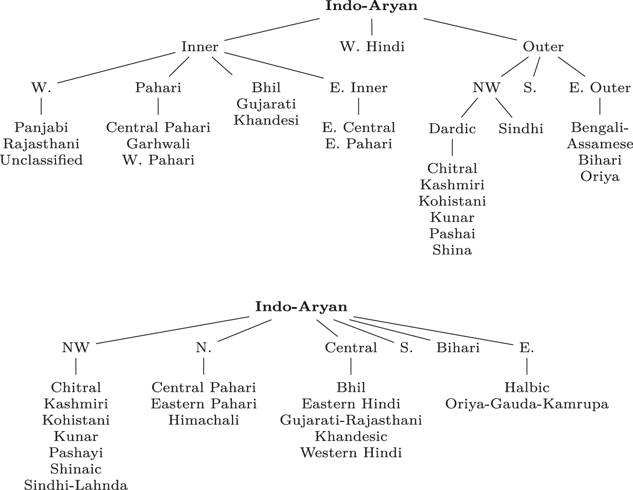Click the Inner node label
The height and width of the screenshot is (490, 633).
tap(199, 47)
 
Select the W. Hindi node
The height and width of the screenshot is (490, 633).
tap(372, 47)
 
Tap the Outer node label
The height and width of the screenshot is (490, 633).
tap(543, 47)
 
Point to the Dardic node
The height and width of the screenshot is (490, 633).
tap(452, 129)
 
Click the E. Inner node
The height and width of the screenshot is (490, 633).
tap(358, 88)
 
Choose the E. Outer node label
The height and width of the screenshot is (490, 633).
tap(599, 88)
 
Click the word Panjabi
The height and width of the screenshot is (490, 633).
tap(41, 127)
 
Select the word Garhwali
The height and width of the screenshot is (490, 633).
tap(158, 144)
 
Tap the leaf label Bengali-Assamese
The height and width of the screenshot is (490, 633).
tap(599, 136)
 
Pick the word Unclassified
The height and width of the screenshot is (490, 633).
tap(41, 160)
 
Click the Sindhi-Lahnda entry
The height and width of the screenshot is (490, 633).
tap(76, 485)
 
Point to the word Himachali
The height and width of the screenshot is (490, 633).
tap(204, 420)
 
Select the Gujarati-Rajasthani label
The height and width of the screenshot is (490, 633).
tap(351, 420)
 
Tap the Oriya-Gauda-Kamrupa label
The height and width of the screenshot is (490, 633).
tap(527, 404)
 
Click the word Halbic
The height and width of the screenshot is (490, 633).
tap(527, 387)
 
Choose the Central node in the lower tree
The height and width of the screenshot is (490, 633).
tap(351, 348)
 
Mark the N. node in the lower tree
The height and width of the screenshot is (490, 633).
tap(204, 348)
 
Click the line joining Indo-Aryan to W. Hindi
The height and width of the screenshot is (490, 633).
tap(372, 27)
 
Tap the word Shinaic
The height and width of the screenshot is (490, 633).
tap(76, 469)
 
